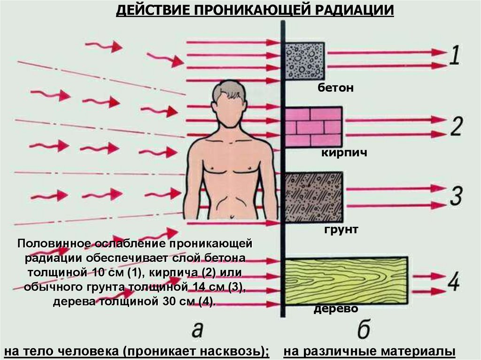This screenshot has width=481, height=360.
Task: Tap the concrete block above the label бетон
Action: click(305, 61)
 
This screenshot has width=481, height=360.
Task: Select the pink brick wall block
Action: click(313, 127)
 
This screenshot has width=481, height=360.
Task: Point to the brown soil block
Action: click(313, 197)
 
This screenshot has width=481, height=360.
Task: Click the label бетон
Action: click(335, 88)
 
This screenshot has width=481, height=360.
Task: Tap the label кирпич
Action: click(344, 153)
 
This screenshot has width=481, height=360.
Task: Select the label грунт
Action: click(341, 229)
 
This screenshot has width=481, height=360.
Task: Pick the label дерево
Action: click(335, 308)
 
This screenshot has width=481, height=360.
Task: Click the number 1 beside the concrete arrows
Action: click(455, 55)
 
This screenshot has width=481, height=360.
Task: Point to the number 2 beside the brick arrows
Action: click(457, 126)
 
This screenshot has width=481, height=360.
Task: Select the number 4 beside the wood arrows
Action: click(454, 281)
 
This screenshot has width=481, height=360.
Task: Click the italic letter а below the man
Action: click(197, 330)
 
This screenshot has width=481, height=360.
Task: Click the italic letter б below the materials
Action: click(364, 329)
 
